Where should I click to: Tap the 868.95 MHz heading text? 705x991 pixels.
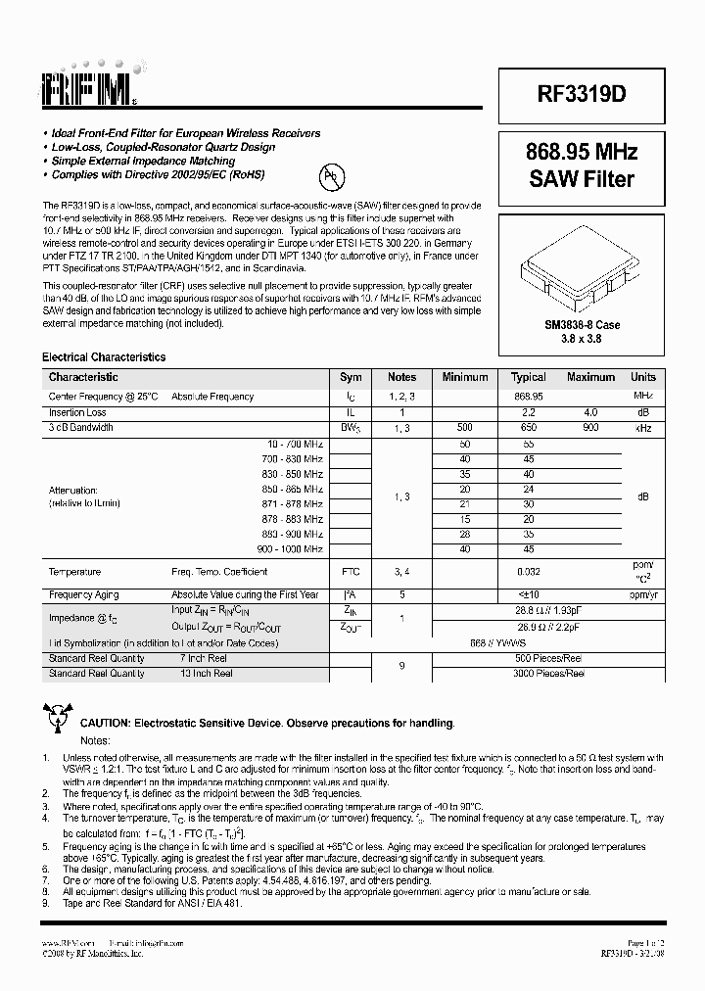[x=582, y=153]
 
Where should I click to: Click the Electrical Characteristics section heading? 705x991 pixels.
[x=104, y=357]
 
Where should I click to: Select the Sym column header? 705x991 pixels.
[x=351, y=377]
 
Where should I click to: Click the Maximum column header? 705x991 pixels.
[x=590, y=377]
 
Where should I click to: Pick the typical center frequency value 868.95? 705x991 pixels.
[x=529, y=397]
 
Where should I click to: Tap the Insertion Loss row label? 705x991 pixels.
[x=77, y=412]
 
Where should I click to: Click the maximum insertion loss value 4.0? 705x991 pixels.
[x=590, y=412]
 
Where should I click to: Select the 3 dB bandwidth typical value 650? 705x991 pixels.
[x=529, y=428]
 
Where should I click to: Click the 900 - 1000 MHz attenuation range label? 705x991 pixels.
[x=292, y=549]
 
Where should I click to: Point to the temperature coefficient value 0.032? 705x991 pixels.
[x=529, y=572]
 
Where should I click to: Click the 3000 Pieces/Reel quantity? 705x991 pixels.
[x=548, y=674]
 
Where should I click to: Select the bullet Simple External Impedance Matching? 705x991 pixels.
[x=143, y=161]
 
